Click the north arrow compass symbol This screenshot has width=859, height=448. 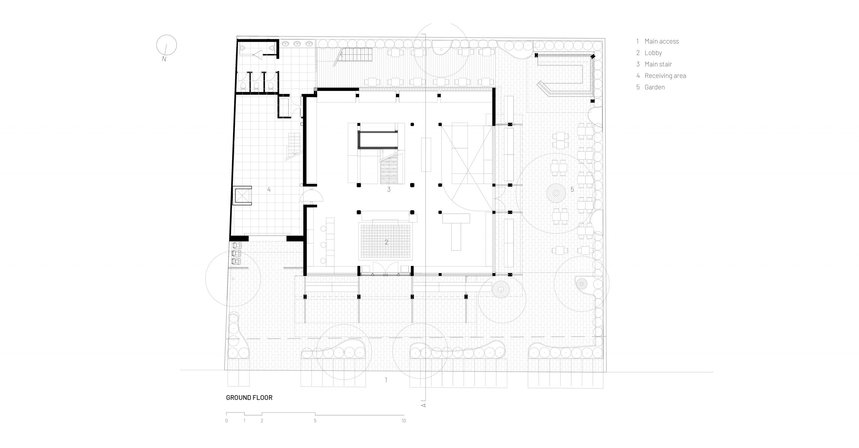(x=166, y=46)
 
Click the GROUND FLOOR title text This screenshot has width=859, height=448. (x=249, y=398)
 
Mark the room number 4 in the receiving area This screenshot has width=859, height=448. (x=269, y=189)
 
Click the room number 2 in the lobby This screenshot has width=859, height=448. (x=387, y=242)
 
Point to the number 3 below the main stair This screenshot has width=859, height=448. (x=389, y=189)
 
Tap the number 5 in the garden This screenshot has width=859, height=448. (x=572, y=189)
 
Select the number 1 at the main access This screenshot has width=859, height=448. (x=386, y=380)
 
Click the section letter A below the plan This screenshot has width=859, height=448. (x=423, y=405)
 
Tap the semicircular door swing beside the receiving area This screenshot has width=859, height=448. (x=312, y=195)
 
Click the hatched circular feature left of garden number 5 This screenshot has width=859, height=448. (x=556, y=193)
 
